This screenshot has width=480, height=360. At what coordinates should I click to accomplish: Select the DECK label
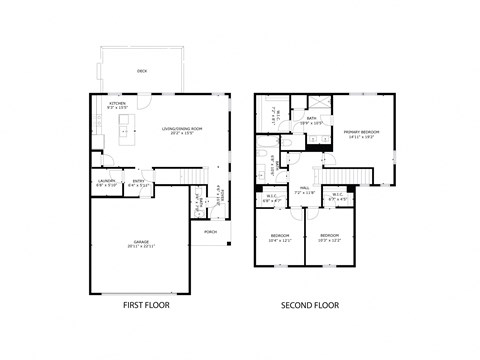pyautogui.click(x=141, y=72)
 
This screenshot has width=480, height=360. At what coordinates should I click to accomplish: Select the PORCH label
pyautogui.click(x=210, y=231)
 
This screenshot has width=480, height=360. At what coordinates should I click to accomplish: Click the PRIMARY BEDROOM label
pyautogui.click(x=359, y=131)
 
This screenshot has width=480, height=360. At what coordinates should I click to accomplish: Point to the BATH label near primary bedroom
pyautogui.click(x=312, y=118)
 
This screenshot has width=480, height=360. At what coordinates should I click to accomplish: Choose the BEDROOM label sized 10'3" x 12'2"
pyautogui.click(x=330, y=236)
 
